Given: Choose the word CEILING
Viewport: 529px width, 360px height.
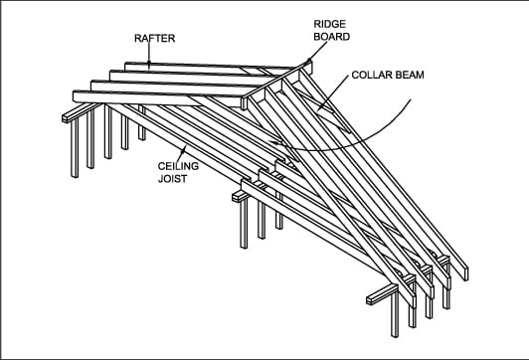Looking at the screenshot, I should point(176,167).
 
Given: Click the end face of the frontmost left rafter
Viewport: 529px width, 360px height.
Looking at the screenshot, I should point(80,95).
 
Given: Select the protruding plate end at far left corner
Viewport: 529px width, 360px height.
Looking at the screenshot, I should point(67,117).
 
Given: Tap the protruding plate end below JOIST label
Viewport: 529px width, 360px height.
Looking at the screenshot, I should point(239,196).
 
